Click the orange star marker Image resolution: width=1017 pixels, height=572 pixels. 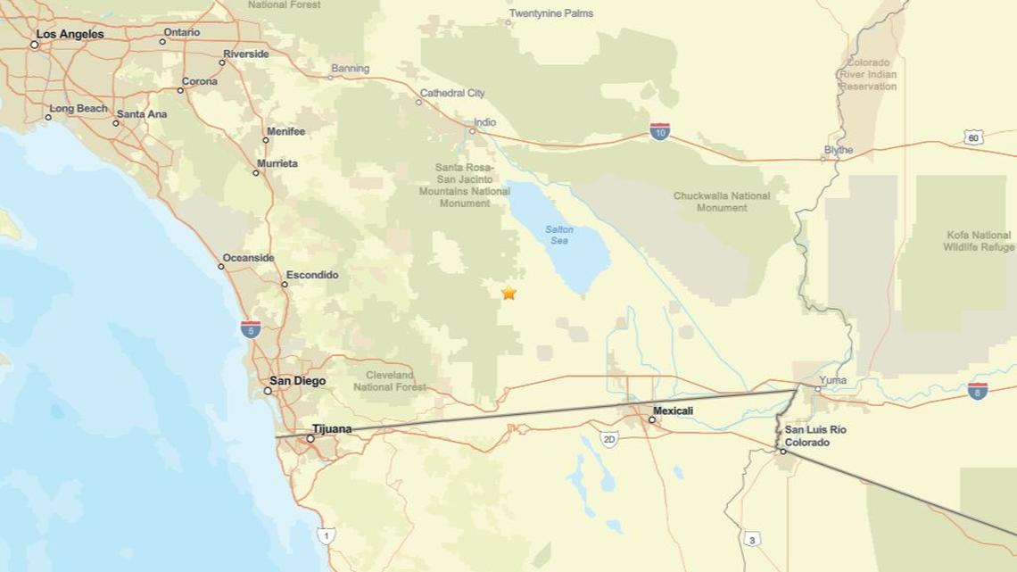508,293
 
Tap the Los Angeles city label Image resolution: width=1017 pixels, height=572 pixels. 70,34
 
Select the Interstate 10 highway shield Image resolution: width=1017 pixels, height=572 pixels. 659,132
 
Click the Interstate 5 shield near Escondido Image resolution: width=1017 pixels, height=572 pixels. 251,328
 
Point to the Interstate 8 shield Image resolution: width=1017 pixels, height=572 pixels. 977,390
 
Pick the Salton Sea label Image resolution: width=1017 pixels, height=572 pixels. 559,235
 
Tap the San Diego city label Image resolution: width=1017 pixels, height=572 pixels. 298,381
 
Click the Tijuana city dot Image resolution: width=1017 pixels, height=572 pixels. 310,438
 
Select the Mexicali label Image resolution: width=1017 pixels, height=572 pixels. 673,410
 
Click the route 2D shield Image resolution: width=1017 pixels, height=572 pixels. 609,439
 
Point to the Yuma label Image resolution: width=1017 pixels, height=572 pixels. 832,380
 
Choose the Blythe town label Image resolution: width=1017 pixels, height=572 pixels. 839,150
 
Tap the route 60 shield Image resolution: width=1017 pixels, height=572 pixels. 973,137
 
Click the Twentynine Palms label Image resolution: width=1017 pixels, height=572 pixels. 550,13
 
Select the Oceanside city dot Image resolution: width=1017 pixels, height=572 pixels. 221,266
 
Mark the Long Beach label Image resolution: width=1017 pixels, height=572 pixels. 79,109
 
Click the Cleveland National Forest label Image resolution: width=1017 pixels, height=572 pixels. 390,381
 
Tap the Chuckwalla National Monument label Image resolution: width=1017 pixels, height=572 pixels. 722,202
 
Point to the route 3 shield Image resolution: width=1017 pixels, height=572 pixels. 752,539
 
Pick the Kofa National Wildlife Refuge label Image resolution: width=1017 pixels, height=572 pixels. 979,241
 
